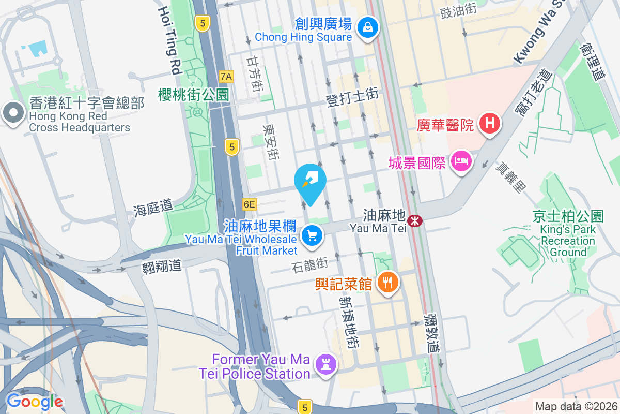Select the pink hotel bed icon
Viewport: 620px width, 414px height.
coord(460,160)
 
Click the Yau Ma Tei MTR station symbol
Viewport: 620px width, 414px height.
coord(414,221)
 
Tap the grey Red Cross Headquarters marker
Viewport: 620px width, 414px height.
coord(12,112)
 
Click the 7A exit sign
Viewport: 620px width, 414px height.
coord(226,77)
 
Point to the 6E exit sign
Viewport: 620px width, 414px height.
coord(249,204)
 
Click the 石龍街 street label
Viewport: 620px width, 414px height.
coord(310,264)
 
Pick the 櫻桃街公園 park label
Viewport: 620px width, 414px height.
coord(193,94)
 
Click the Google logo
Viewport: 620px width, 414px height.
coord(34,402)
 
